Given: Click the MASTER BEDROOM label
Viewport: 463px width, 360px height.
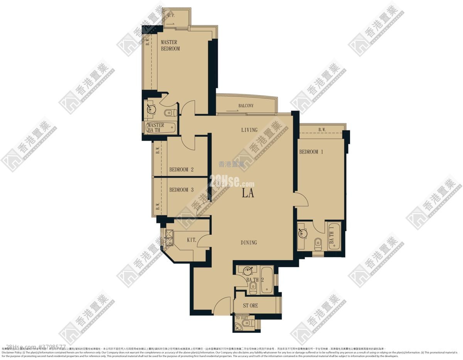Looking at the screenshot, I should tap(170, 45).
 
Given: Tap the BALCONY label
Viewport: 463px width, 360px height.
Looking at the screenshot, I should tap(246, 105).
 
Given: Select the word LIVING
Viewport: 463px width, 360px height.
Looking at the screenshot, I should tap(249, 130).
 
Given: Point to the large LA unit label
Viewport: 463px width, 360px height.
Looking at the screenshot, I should tap(248, 193).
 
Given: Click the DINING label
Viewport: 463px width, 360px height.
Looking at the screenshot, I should tap(249, 242).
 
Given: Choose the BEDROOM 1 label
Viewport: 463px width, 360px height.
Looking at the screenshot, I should tap(311, 152).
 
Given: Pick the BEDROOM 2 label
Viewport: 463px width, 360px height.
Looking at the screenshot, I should tap(181, 170).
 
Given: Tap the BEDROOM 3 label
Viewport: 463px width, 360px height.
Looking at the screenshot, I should tap(181, 190).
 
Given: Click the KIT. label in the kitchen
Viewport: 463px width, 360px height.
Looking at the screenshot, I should tap(192, 240).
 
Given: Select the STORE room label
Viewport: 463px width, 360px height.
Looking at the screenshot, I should tap(250, 306).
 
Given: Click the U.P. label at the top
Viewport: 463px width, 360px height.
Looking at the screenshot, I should tap(171, 16).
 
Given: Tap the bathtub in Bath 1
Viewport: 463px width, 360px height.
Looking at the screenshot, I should tap(334, 236).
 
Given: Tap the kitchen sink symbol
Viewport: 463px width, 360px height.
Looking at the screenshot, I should tap(169, 236).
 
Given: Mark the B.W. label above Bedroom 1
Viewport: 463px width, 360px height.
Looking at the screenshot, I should tap(322, 130).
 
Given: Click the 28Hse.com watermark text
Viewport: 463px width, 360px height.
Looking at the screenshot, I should tap(232, 180).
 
